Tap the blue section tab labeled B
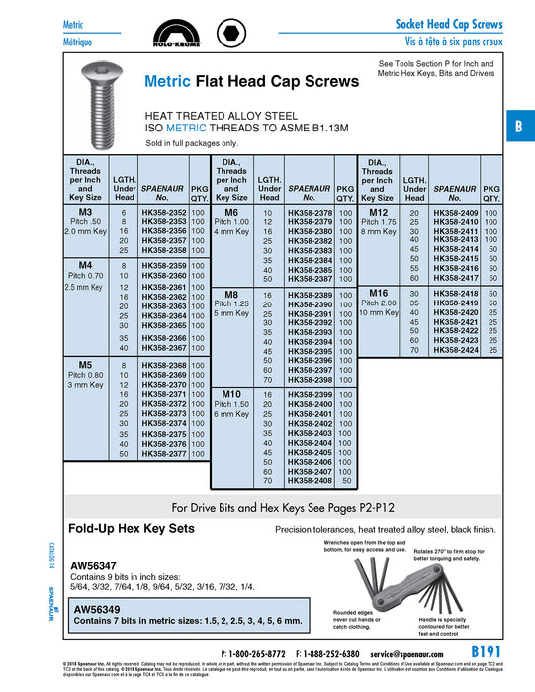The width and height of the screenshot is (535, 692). pyautogui.click(x=518, y=127)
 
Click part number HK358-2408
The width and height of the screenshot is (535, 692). pyautogui.click(x=310, y=481)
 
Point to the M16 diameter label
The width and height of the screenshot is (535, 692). pyautogui.click(x=378, y=294)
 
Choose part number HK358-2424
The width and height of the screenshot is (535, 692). pyautogui.click(x=455, y=350)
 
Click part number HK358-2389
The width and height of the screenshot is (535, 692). pyautogui.click(x=310, y=296)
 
